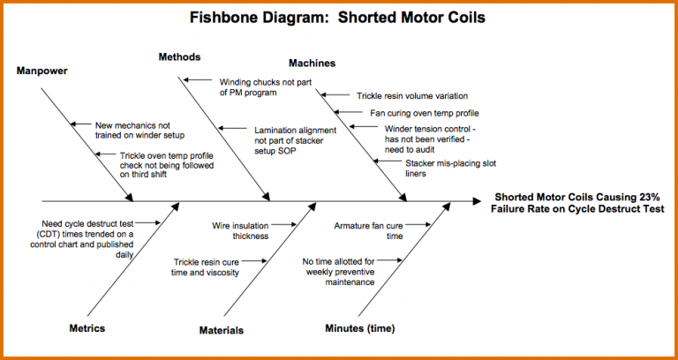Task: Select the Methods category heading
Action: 179,56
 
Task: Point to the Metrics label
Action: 87,328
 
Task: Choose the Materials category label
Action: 221,331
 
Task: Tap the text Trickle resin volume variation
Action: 411,95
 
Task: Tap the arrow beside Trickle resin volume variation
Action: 335,94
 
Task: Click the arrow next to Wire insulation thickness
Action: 283,226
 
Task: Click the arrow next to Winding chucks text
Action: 201,80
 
